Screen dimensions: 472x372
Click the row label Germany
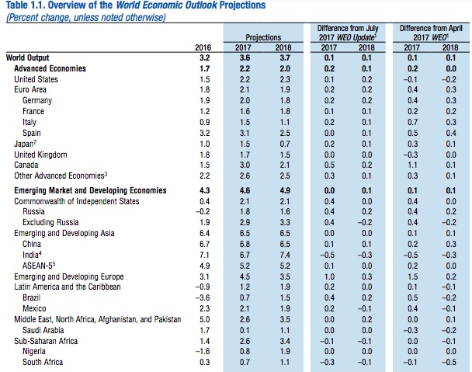click(x=37, y=101)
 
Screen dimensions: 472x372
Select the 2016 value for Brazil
click(x=203, y=297)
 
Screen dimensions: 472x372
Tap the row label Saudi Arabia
click(x=43, y=330)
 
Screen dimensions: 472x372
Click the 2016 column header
click(x=203, y=47)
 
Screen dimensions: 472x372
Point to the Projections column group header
click(x=263, y=37)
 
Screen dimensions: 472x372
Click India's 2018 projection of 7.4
click(x=285, y=255)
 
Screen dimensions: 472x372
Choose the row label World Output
click(x=27, y=57)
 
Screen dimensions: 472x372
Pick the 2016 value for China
click(x=205, y=244)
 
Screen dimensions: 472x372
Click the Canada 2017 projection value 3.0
click(x=245, y=165)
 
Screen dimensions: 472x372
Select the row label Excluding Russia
click(x=50, y=222)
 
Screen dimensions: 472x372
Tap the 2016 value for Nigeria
click(x=203, y=351)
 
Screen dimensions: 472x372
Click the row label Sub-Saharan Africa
click(x=46, y=341)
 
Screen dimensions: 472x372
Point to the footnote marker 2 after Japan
click(x=35, y=141)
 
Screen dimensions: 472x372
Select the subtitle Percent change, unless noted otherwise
click(x=86, y=17)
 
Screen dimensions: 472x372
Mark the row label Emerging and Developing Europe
click(x=69, y=276)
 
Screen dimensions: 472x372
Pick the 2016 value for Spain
click(x=205, y=133)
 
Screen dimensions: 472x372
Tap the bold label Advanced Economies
click(x=50, y=68)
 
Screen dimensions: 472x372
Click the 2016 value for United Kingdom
click(x=205, y=155)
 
